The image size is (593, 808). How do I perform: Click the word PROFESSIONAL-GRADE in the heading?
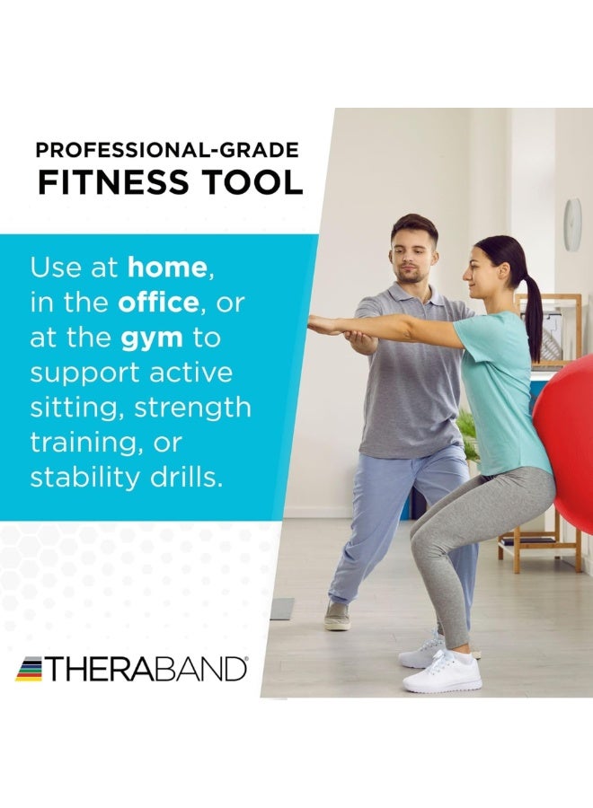coord(167,151)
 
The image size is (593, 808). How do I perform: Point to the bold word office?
coord(158,303)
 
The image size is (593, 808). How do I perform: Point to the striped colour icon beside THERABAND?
coord(30,669)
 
